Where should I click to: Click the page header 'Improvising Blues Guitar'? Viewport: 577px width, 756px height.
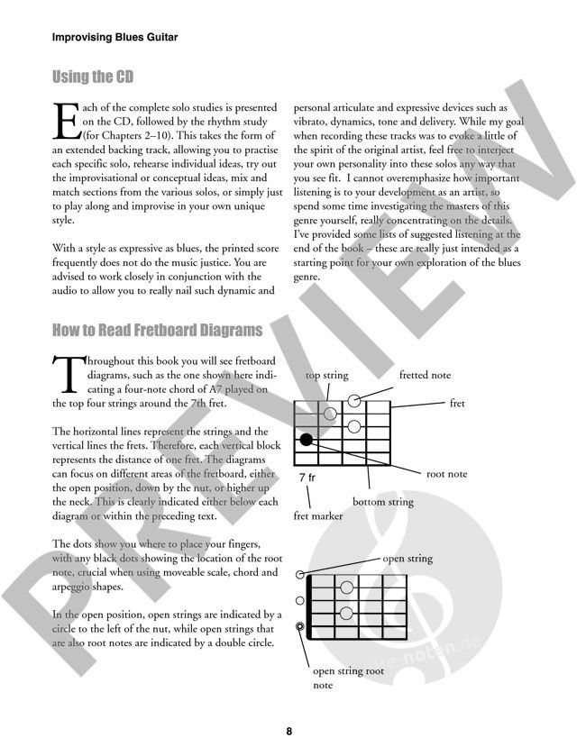point(114,38)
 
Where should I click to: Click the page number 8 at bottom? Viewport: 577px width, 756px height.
point(288,732)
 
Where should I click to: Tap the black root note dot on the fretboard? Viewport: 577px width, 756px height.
point(307,440)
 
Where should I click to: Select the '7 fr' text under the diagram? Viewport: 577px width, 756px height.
point(308,475)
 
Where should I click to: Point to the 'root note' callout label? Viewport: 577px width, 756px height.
point(447,473)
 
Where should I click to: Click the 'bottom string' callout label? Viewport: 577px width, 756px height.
point(383,502)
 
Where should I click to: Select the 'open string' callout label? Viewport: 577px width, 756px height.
point(408,559)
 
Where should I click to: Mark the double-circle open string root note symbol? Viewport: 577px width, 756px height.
point(300,627)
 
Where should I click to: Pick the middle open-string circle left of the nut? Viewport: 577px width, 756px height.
point(300,600)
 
